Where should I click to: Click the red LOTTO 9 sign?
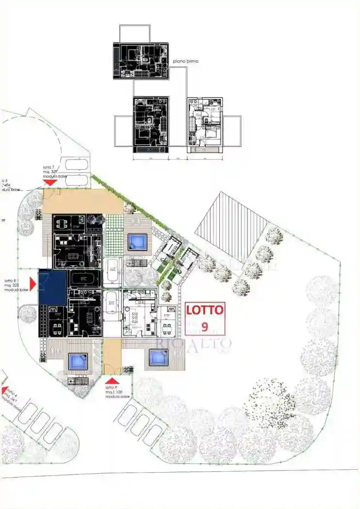click(x=205, y=318)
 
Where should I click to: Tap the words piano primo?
click(x=186, y=62)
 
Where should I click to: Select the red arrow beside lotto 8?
click(x=33, y=284)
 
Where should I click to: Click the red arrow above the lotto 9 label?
click(x=112, y=381)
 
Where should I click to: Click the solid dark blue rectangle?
click(x=52, y=287)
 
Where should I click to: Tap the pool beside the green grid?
click(x=137, y=241)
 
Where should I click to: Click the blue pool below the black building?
click(x=77, y=360)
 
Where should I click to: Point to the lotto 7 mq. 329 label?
click(x=54, y=172)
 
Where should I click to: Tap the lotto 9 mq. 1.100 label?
click(x=117, y=392)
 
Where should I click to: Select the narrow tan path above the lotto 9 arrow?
click(x=112, y=356)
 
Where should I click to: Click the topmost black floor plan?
click(x=141, y=61)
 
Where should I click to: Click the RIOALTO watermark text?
click(x=194, y=345)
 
